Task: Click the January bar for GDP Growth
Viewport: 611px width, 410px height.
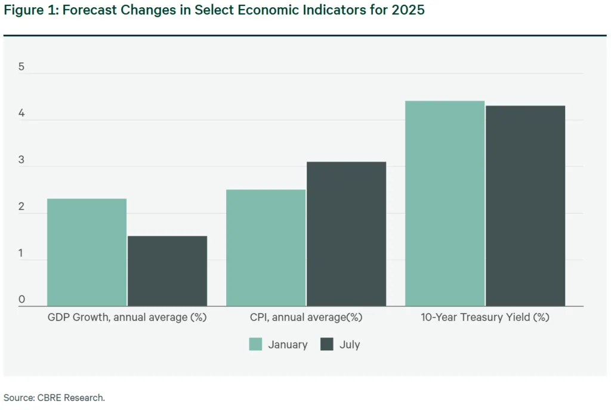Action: tap(87, 252)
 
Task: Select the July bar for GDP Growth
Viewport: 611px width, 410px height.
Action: tap(167, 271)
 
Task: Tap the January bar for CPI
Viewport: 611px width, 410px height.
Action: tap(266, 248)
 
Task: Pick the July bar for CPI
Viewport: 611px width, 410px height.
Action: tap(346, 234)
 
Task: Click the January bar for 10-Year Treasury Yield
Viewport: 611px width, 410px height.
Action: tap(445, 204)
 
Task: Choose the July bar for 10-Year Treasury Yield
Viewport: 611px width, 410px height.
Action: tap(525, 206)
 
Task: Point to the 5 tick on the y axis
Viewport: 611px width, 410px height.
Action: tap(21, 67)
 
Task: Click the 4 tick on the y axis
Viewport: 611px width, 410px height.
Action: tap(21, 113)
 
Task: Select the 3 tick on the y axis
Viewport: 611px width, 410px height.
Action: tap(21, 160)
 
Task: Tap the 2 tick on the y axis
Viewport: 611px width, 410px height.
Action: tap(21, 206)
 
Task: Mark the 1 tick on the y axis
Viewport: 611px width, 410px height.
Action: tap(21, 253)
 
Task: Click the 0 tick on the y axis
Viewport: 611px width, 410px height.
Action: tap(21, 300)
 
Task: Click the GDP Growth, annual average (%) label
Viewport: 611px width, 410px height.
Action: tap(126, 317)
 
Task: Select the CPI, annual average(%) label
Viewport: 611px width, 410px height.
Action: tap(306, 317)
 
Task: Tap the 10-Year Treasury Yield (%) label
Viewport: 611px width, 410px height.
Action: tap(485, 317)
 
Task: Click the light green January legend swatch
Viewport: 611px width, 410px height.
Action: tap(255, 344)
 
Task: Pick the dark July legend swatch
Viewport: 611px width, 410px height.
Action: tap(327, 344)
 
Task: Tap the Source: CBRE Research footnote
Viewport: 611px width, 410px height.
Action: tap(54, 397)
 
